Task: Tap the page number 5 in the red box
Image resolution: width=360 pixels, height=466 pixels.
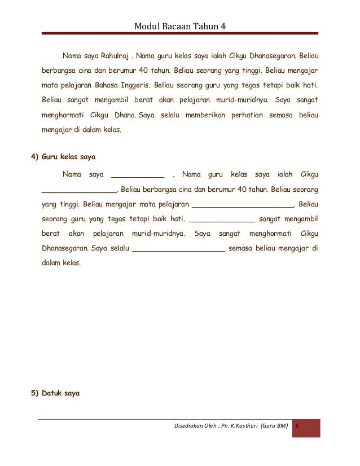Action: point(299,424)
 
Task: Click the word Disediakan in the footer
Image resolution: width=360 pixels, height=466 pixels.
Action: point(190,424)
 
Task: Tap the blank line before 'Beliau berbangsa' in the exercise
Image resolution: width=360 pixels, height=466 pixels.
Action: point(79,190)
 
